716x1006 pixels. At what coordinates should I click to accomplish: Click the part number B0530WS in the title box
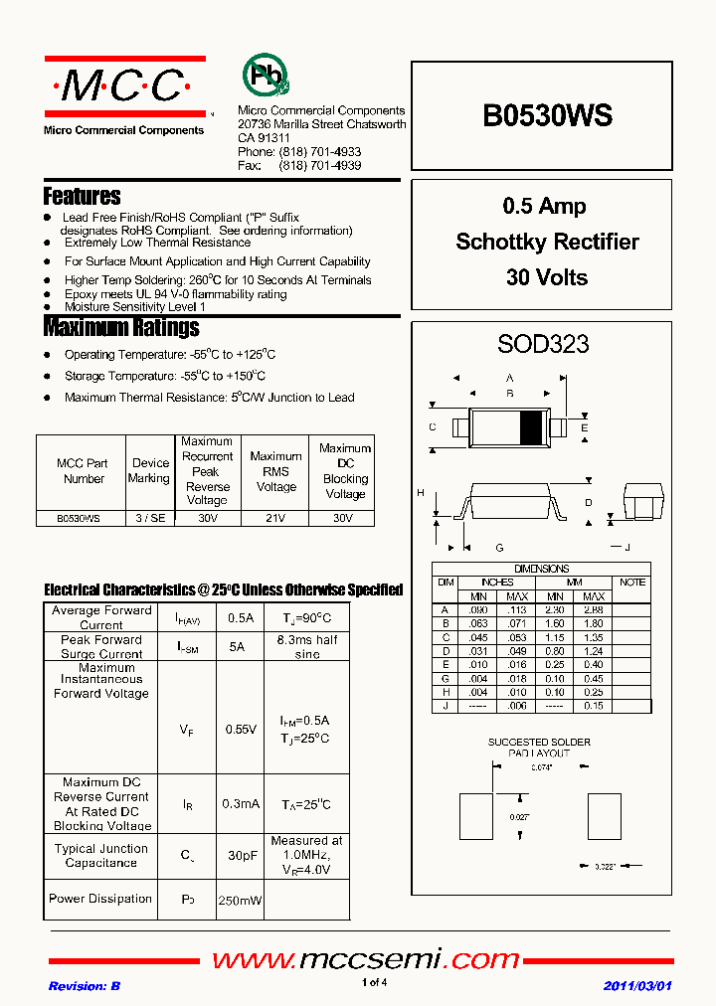[547, 116]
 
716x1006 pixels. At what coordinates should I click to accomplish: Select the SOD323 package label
[543, 344]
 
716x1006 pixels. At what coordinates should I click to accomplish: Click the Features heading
[82, 196]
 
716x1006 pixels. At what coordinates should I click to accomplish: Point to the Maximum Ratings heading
[121, 327]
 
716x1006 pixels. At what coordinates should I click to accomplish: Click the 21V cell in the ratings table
[275, 518]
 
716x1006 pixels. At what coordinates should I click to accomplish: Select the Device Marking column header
[150, 470]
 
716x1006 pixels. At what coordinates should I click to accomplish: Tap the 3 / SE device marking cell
[150, 518]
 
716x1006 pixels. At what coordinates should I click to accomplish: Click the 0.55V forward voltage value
[240, 729]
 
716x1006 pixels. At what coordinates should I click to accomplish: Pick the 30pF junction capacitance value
[240, 855]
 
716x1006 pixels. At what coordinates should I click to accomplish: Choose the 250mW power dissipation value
[240, 900]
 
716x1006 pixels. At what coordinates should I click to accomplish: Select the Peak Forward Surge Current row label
[101, 647]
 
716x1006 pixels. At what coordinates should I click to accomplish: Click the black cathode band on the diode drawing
[532, 426]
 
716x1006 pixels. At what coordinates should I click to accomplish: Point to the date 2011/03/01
[637, 985]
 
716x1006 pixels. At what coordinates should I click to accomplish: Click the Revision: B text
[85, 985]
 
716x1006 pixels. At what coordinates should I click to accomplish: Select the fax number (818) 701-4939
[321, 166]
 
